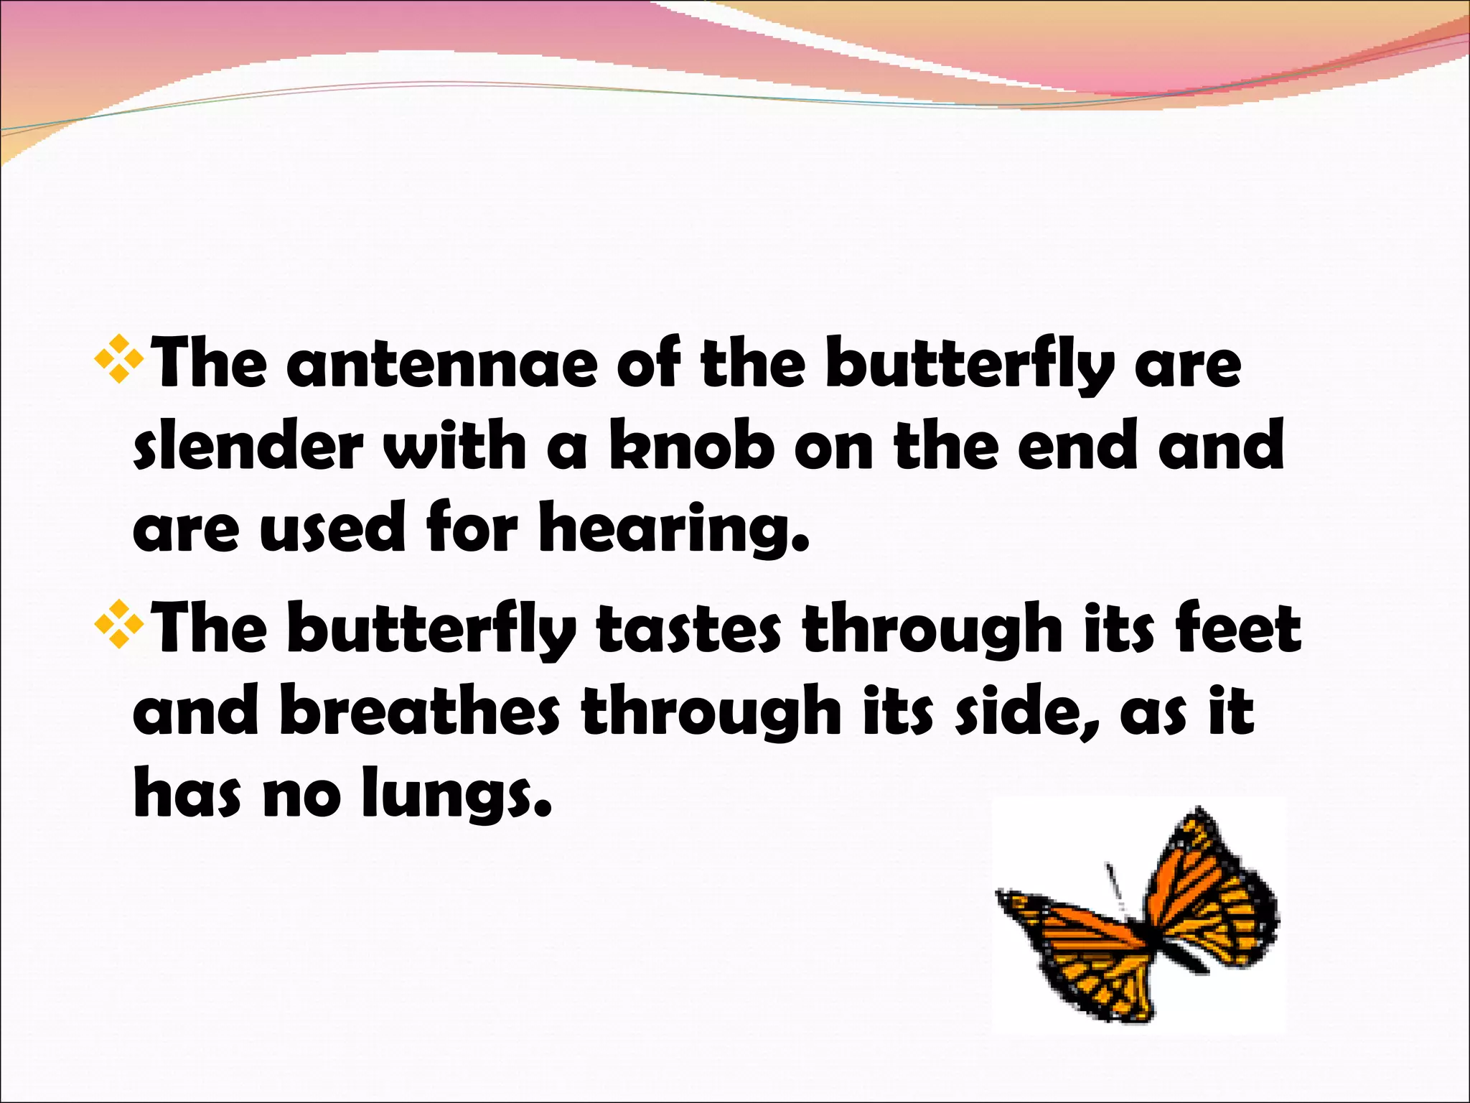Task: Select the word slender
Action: (248, 447)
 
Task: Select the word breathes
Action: (419, 712)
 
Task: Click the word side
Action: (1027, 712)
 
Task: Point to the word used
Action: (333, 529)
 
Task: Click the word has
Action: (187, 793)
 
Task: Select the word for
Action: (471, 529)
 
